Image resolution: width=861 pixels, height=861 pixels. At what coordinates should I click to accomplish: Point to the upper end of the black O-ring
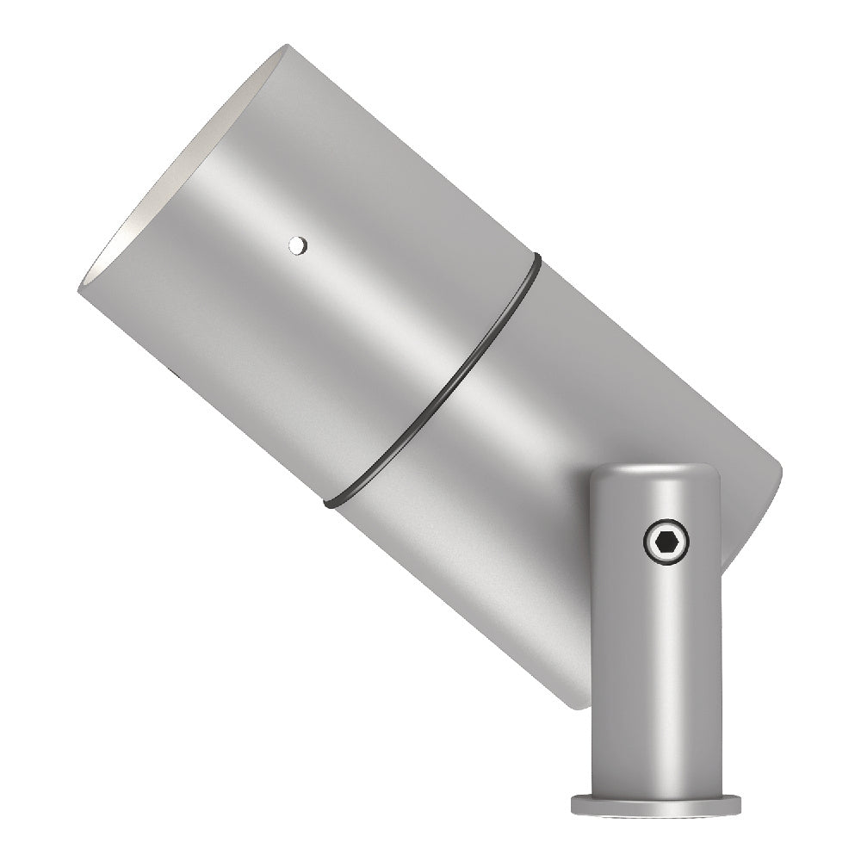click(x=535, y=258)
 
